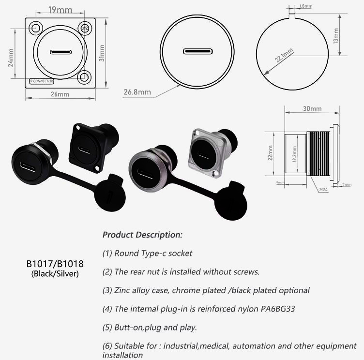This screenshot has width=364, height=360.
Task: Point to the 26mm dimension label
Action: tap(59, 94)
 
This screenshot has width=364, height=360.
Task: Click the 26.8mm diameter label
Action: tap(137, 92)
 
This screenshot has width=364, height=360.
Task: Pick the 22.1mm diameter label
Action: tap(284, 56)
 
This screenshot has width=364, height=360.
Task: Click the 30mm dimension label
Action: tap(312, 109)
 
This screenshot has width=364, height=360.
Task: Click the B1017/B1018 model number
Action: tap(55, 264)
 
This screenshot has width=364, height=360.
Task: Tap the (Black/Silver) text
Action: tap(55, 274)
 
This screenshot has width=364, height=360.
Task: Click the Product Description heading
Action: tap(142, 235)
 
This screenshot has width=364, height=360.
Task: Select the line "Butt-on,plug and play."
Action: tap(150, 327)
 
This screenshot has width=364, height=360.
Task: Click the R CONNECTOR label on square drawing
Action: tap(42, 81)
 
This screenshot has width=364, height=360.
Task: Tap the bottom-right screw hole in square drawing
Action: tap(84, 76)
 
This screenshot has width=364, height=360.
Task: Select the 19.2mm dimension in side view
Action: tap(294, 154)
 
